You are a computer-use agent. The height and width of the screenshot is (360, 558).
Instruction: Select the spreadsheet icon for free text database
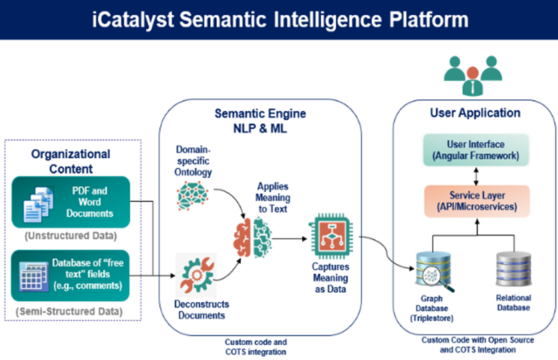[x=33, y=274]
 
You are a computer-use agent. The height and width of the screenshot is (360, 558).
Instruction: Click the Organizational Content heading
[x=70, y=162]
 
